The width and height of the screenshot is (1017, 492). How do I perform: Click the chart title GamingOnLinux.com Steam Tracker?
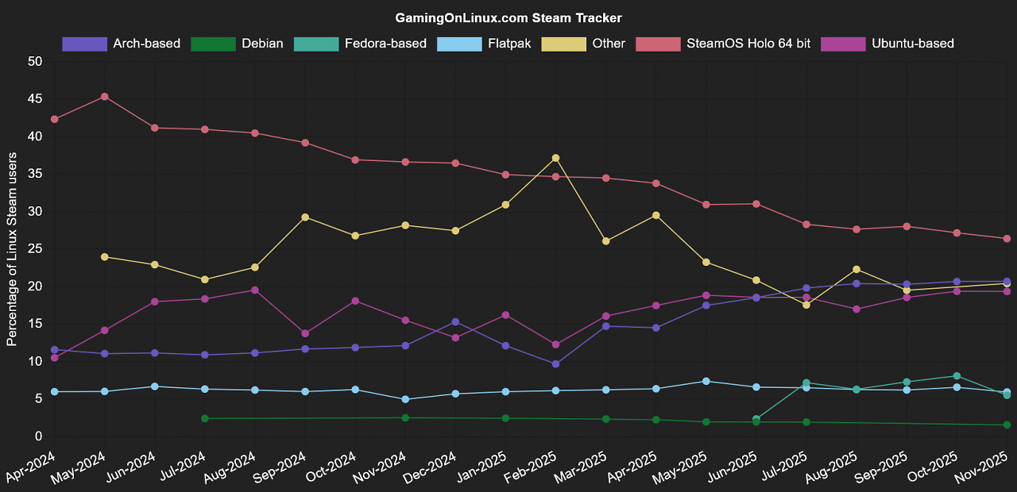coord(508,18)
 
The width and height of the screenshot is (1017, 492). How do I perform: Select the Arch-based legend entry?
coord(122,44)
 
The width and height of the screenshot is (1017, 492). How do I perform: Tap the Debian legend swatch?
coord(213,44)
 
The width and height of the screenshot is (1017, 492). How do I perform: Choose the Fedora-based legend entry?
coord(360,44)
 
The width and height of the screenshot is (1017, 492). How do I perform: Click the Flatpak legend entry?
coord(484,44)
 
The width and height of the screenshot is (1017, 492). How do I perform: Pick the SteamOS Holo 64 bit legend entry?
coord(723,44)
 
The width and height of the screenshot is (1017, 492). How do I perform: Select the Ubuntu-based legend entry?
coord(887,44)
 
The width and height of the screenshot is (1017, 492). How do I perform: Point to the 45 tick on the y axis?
coord(35,99)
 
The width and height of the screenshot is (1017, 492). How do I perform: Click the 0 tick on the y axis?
coord(39,436)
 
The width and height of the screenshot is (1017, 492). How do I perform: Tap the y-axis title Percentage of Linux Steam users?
coord(12,249)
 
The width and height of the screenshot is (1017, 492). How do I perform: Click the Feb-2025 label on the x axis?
coord(530,468)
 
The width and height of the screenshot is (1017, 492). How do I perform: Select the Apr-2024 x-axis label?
coord(29,468)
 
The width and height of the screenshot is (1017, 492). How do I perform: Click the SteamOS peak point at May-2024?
coord(104,97)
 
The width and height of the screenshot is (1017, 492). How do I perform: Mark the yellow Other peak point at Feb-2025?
coord(555,158)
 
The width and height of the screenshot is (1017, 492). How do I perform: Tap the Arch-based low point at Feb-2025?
coord(555,364)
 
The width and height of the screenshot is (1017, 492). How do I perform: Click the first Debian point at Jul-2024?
coord(205,418)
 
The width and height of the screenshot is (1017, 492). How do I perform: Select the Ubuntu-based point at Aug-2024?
coord(255,290)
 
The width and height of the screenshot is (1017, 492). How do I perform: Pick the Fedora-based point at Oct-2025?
coord(957,376)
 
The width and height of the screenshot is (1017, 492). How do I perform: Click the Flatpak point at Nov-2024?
coord(405,399)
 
